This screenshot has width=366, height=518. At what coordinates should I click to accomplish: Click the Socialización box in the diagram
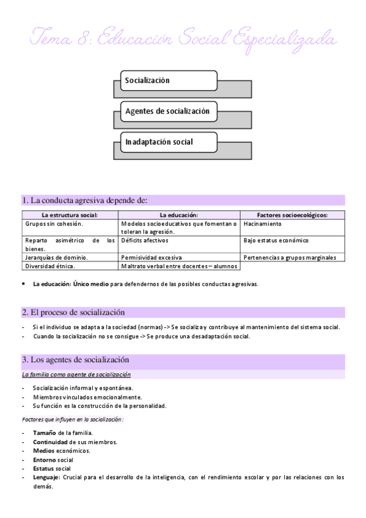tap(165, 80)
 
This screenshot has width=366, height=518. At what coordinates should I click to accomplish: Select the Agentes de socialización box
tap(165, 111)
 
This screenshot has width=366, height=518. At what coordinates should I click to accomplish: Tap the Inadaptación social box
tap(165, 142)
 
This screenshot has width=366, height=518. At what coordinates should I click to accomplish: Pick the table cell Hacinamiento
tap(262, 224)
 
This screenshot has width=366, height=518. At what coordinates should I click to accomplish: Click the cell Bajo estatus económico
tap(276, 241)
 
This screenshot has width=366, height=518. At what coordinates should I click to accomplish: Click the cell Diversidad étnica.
tap(51, 266)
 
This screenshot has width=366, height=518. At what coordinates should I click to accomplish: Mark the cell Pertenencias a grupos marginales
tap(289, 258)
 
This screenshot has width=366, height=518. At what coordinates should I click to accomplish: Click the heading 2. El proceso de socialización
tap(76, 312)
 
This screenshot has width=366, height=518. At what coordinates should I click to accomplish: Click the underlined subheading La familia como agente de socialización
tap(76, 374)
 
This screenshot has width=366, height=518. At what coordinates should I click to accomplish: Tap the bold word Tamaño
tap(45, 433)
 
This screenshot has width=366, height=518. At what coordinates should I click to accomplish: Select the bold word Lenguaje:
tap(46, 477)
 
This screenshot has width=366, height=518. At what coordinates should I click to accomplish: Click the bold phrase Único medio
tap(92, 284)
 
